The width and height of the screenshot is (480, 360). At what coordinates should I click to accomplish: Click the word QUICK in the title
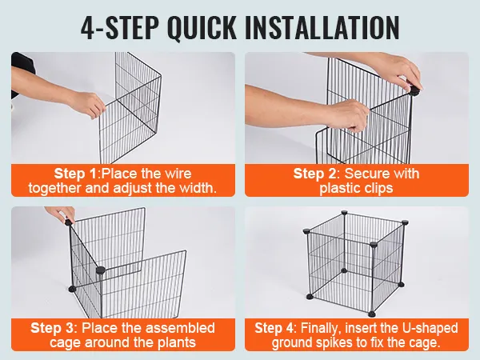click(202, 28)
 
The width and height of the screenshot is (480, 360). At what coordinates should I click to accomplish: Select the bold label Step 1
click(75, 174)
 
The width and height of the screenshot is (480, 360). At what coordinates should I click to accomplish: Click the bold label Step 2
click(314, 174)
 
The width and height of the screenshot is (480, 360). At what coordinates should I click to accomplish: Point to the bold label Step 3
click(52, 328)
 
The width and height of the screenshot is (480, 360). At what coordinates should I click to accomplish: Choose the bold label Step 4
click(274, 328)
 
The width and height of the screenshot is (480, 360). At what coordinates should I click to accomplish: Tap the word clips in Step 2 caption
click(378, 188)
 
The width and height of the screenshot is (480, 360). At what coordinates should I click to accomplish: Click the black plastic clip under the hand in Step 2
click(414, 90)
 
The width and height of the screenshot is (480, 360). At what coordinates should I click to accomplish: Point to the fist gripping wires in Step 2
click(350, 115)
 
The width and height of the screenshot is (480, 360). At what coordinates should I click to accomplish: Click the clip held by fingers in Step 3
click(69, 222)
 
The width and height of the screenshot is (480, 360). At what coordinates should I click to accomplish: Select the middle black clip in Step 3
click(101, 270)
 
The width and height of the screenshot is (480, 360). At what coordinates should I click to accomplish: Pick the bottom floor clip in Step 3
click(73, 289)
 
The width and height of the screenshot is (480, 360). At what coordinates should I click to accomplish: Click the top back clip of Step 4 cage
click(344, 213)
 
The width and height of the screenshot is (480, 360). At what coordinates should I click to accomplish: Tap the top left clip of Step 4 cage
click(306, 230)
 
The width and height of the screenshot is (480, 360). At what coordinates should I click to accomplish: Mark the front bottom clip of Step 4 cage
click(372, 314)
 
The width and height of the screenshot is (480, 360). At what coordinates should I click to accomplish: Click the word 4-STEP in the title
click(120, 27)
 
